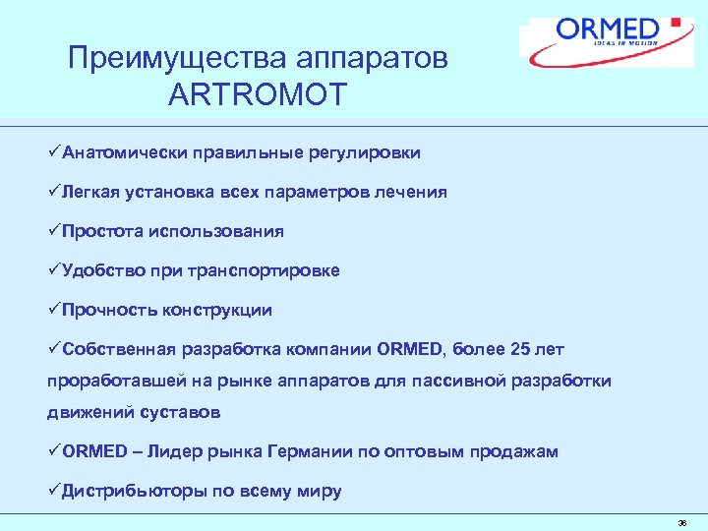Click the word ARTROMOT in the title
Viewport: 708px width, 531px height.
[258, 95]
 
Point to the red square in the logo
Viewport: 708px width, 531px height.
[675, 22]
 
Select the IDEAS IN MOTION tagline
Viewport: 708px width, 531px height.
[625, 42]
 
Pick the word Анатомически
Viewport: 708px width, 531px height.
[120, 152]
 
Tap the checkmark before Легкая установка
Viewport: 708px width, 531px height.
[54, 192]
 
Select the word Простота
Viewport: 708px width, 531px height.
[102, 231]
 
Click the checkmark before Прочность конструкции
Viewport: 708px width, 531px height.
[54, 310]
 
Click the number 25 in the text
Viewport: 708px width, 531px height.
[517, 349]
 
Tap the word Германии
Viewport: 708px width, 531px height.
[307, 451]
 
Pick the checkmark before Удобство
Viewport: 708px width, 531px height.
[54, 270]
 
